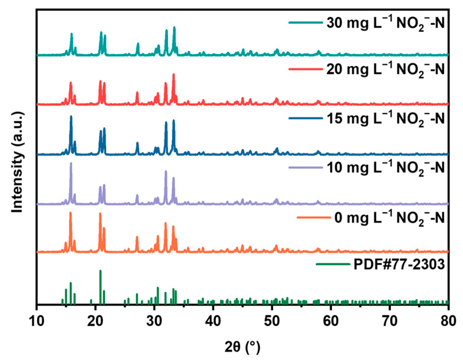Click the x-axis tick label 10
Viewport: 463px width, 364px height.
click(37, 321)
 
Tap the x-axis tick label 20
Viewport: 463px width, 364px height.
click(95, 321)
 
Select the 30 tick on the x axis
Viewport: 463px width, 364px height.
click(154, 321)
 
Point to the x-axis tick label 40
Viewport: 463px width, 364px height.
click(213, 321)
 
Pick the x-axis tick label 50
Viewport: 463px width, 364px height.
click(272, 321)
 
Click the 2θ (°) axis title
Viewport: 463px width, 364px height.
click(242, 347)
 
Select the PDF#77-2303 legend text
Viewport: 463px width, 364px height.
click(399, 264)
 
